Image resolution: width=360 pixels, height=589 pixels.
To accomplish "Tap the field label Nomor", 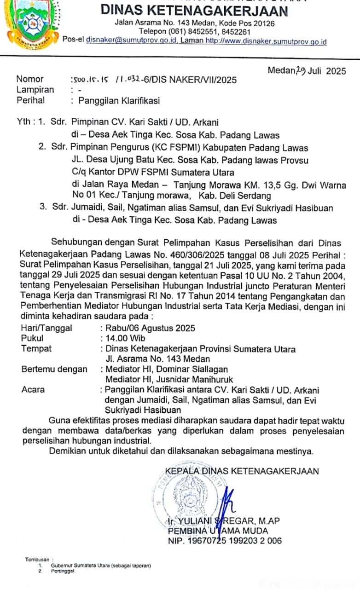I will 30,79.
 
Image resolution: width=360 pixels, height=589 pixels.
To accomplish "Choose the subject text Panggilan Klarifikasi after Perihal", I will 119,100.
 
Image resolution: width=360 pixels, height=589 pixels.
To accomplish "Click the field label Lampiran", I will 35,90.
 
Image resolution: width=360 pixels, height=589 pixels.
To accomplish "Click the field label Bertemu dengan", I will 54,369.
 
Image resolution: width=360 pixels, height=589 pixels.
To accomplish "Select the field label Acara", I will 33,390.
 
